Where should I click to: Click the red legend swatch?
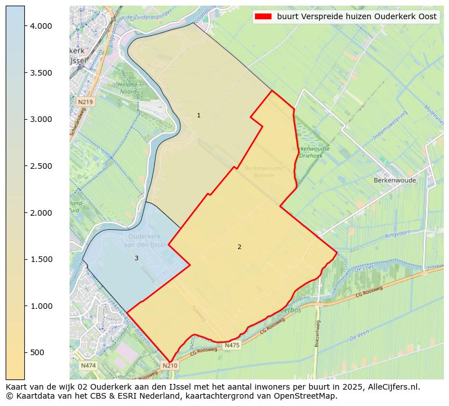coord(263,16)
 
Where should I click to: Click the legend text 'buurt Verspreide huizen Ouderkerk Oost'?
coord(356,16)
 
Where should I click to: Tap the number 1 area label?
coord(198,115)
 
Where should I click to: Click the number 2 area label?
coord(239,247)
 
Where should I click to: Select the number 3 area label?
coord(136,258)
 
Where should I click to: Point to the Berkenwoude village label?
coord(395,181)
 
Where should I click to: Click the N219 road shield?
coord(85,102)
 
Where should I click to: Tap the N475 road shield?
coord(232,346)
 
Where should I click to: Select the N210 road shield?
coord(170,365)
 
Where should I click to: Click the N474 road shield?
coord(88,365)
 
